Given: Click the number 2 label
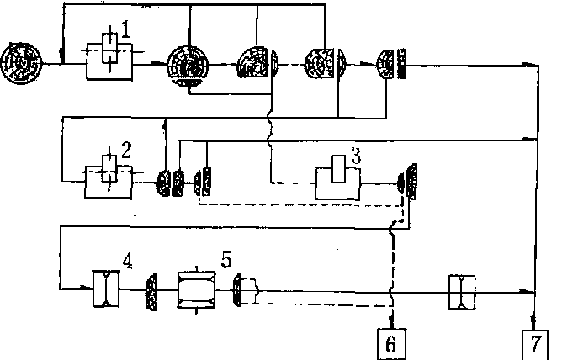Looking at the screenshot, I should point(126,151).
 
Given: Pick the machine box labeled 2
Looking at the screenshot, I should point(108,178).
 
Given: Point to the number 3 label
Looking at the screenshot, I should point(357,156).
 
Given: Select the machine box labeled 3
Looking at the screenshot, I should point(338,180).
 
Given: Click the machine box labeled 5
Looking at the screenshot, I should point(198,290).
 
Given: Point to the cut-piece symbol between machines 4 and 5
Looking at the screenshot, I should point(153,290).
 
